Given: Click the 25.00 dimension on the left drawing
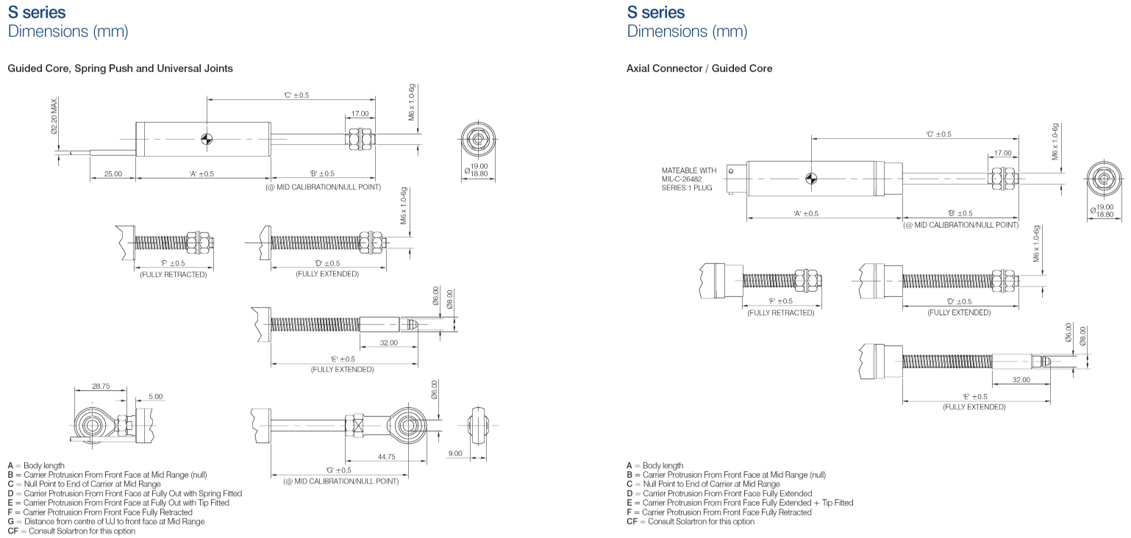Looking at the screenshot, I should (x=113, y=174).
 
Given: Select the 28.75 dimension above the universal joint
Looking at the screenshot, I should (x=101, y=386).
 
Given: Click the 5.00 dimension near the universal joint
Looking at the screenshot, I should (x=155, y=396).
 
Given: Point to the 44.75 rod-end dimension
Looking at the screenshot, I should (x=387, y=456).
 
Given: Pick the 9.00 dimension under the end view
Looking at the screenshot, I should (x=455, y=453).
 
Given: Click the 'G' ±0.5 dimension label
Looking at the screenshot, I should (x=338, y=470).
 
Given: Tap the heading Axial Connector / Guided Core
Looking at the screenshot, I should (x=699, y=68).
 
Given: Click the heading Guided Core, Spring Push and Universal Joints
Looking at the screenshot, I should (x=120, y=68).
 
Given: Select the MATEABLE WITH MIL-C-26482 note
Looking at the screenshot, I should (x=688, y=179).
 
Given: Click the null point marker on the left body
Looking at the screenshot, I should (x=207, y=138).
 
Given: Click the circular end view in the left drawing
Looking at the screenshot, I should (x=477, y=138).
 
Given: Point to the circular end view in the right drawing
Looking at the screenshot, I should (x=1105, y=179).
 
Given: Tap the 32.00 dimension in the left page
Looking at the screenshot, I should (x=388, y=342).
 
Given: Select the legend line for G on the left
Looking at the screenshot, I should (x=106, y=521).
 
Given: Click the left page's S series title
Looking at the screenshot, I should (x=36, y=12).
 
